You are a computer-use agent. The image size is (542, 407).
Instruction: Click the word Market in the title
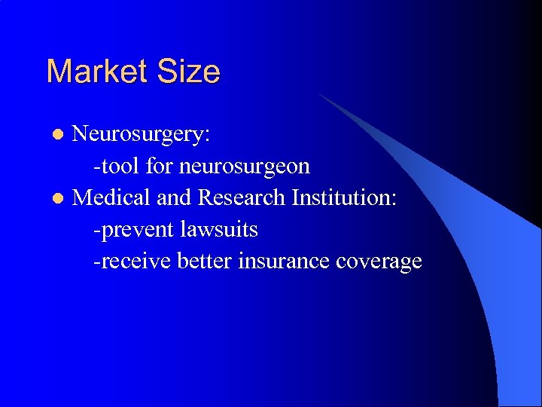tap(96, 72)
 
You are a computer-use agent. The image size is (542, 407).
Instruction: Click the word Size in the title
tap(187, 72)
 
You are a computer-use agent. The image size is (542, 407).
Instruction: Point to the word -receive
tap(132, 261)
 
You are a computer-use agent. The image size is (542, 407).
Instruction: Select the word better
tap(205, 260)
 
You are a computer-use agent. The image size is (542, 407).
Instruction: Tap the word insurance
tap(284, 260)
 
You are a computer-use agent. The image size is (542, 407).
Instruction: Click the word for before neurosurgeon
tap(160, 165)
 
